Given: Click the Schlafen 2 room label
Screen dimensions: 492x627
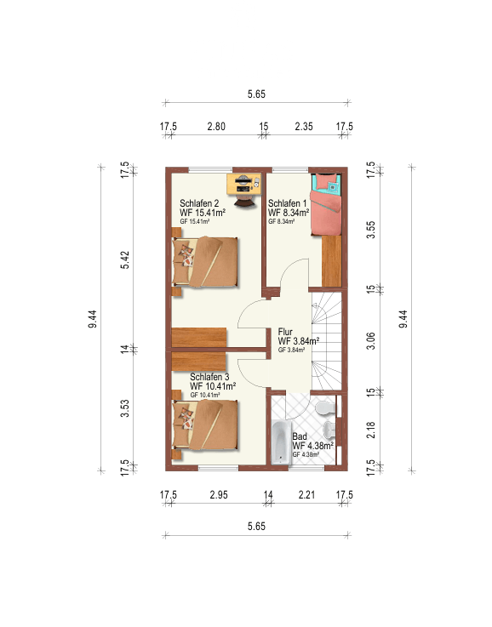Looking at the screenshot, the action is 199,203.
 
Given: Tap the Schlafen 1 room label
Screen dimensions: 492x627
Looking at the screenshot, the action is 287,203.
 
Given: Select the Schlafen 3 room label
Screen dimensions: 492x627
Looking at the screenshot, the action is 209,377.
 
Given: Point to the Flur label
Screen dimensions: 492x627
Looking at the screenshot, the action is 285,332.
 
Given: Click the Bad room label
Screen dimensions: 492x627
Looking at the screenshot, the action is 300,436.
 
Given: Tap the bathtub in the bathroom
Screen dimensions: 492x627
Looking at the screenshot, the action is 282,442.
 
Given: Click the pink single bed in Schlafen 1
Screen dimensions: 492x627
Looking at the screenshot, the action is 326,204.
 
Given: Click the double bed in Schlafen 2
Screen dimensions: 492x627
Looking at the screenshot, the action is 205,262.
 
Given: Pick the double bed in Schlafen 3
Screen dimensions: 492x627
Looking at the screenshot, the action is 205,425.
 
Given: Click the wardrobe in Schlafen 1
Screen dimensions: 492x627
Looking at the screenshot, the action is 332,260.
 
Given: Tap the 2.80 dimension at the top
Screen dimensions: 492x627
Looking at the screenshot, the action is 216,127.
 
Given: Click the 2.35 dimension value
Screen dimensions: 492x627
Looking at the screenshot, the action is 304,127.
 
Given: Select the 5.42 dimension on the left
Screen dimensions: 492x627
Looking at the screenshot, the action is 125,260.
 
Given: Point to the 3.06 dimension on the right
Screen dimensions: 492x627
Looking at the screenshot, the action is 371,340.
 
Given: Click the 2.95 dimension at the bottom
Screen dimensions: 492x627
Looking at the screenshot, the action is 219,494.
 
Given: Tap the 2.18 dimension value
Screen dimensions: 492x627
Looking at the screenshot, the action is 371,430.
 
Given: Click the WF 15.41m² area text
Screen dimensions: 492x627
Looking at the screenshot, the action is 203,213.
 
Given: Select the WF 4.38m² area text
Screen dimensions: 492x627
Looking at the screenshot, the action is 312,446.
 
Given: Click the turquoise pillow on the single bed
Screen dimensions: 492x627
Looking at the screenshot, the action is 333,186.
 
